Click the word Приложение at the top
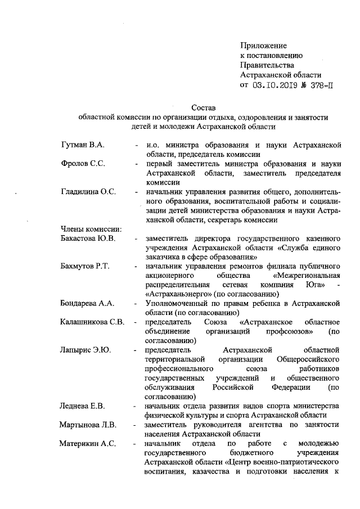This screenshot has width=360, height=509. (x=263, y=45)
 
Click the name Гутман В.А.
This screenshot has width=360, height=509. (x=84, y=145)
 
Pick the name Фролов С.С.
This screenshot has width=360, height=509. (x=84, y=164)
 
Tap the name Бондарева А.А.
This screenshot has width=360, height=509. (x=87, y=304)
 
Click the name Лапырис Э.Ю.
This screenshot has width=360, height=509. (x=85, y=350)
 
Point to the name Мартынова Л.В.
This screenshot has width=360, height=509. (x=88, y=425)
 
